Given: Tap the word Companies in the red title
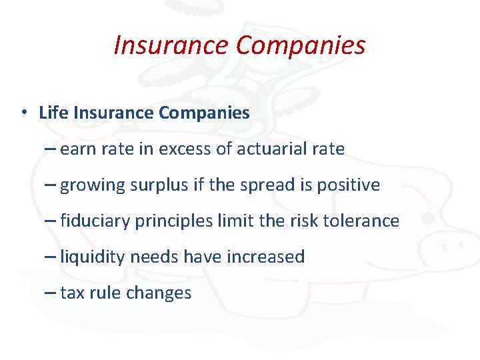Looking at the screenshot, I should point(301,45).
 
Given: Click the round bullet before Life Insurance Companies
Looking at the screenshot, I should point(24,112).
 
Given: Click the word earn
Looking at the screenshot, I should point(78,149).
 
